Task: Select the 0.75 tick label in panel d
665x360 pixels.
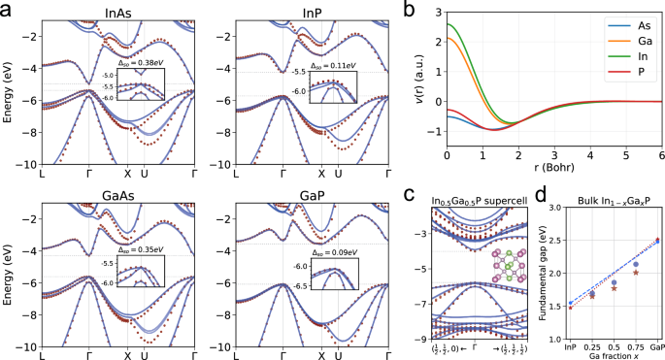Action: pos(636,346)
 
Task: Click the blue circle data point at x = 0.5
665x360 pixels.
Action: pos(614,282)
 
